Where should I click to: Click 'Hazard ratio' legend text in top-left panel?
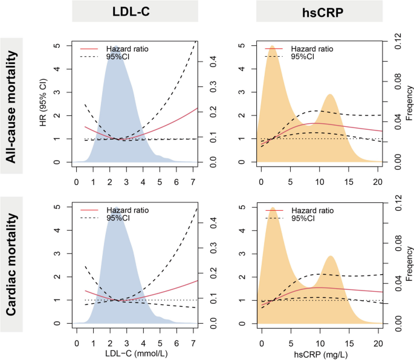[x=125, y=48]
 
